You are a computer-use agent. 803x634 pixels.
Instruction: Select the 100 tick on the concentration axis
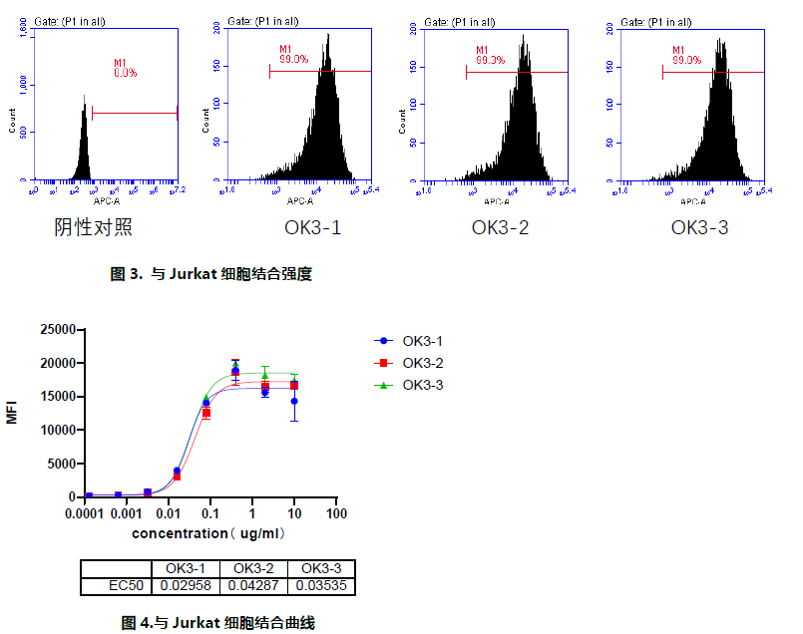point(337,513)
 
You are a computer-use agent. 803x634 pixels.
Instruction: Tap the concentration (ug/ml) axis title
point(209,533)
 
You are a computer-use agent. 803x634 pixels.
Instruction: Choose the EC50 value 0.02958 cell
point(185,586)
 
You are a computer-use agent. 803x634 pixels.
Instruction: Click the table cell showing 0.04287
point(253,586)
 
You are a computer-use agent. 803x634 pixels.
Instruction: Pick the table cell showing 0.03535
point(322,586)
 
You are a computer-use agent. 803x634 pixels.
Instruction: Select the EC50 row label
point(116,586)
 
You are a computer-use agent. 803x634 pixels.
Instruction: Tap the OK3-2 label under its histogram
point(500,228)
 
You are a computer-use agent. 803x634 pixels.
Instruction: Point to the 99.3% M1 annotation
point(490,61)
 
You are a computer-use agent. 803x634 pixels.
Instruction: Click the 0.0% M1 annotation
point(126,73)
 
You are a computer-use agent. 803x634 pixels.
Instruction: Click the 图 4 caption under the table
point(217,623)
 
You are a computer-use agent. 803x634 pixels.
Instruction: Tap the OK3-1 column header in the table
point(185,568)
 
